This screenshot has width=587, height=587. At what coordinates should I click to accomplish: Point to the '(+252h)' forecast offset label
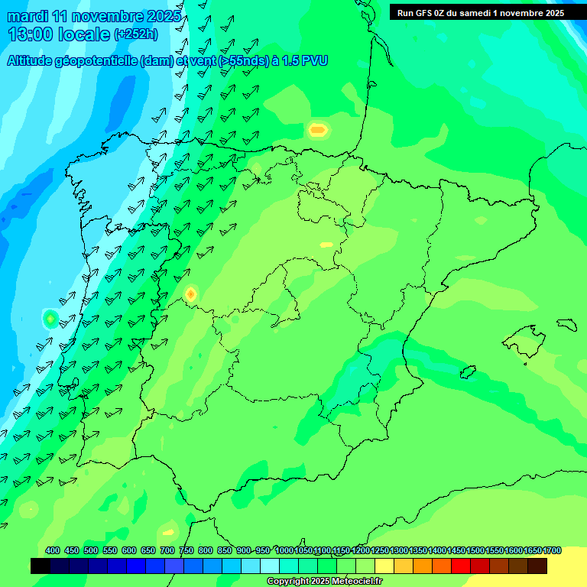135,34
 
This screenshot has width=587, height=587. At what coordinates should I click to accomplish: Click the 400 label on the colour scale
53,550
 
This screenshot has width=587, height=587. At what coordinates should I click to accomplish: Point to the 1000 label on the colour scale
284,550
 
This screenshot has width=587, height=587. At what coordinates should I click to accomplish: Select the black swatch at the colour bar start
41,566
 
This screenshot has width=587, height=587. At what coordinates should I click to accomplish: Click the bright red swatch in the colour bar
461,566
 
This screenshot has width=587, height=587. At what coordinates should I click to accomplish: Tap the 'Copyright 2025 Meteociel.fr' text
324,581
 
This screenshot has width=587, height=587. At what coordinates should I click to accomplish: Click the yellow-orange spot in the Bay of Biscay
318,130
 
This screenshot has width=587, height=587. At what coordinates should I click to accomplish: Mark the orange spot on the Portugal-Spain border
190,293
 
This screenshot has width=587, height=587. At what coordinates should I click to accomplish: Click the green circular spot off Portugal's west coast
50,318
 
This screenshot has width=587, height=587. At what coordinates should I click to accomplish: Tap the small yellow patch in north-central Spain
326,245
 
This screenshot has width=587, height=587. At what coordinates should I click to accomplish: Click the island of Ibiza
467,372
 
